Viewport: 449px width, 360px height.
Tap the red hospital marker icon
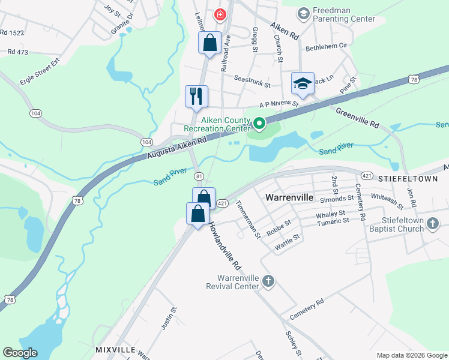pyautogui.click(x=220, y=13)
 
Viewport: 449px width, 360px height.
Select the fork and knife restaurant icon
pyautogui.click(x=196, y=96)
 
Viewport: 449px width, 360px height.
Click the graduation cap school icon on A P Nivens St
pyautogui.click(x=303, y=83)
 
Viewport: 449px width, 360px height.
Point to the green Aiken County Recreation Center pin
pyautogui.click(x=259, y=124)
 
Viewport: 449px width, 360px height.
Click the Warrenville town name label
pyautogui.click(x=291, y=196)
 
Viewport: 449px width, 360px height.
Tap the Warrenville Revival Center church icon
pyautogui.click(x=268, y=280)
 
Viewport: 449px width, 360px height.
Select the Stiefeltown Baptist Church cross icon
pyautogui.click(x=433, y=224)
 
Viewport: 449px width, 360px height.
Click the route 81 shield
pyautogui.click(x=199, y=176)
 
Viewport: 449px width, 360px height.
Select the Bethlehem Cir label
pyautogui.click(x=327, y=46)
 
